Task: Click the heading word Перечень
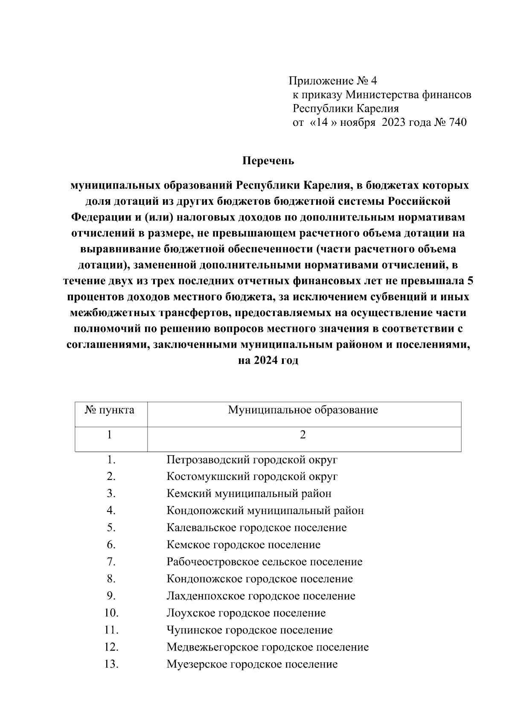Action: coord(268,161)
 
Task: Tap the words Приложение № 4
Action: coord(333,81)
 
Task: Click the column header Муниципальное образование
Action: coord(303,410)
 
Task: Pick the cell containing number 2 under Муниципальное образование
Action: coord(303,435)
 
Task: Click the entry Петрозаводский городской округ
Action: coord(252,460)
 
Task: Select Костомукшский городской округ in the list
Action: coord(252,477)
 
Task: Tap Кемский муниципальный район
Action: coord(249,494)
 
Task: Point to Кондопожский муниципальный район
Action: coord(265,511)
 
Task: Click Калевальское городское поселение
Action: coord(256,528)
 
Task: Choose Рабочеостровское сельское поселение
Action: coord(264,562)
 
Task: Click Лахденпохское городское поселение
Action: coord(261,596)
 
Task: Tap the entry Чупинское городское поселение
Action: coord(249,630)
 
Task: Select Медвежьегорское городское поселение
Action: coord(268,647)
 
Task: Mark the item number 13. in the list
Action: coord(111,664)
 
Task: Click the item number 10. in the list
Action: coord(111,613)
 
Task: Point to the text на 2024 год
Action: coord(268,361)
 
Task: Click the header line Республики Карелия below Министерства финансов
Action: coord(345,108)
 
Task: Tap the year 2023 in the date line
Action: coord(394,123)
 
